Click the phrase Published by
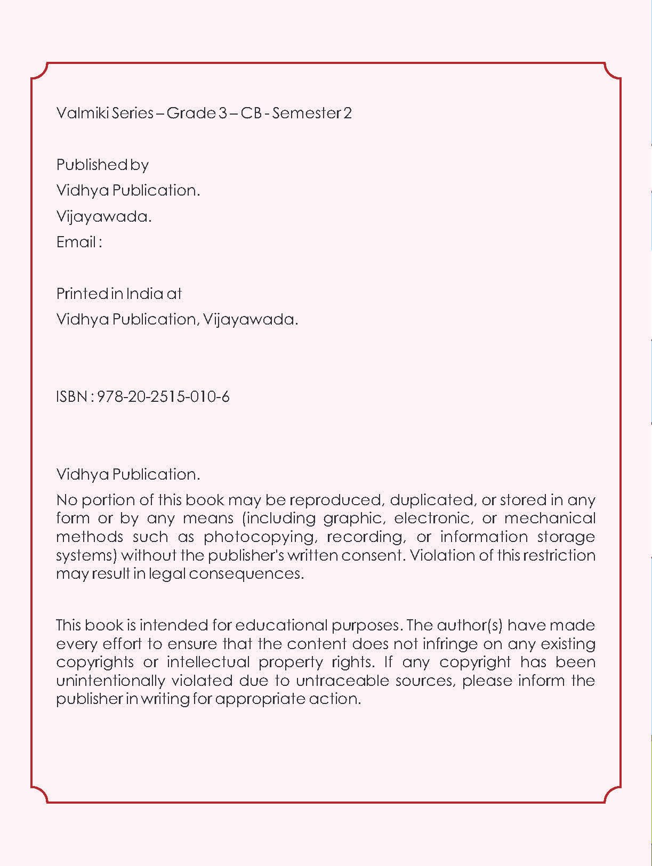[x=102, y=165]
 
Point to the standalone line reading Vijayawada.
[x=104, y=217]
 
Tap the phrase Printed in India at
[x=119, y=294]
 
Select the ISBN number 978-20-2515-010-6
[x=163, y=397]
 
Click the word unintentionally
[x=110, y=681]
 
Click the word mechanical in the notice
[x=549, y=519]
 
